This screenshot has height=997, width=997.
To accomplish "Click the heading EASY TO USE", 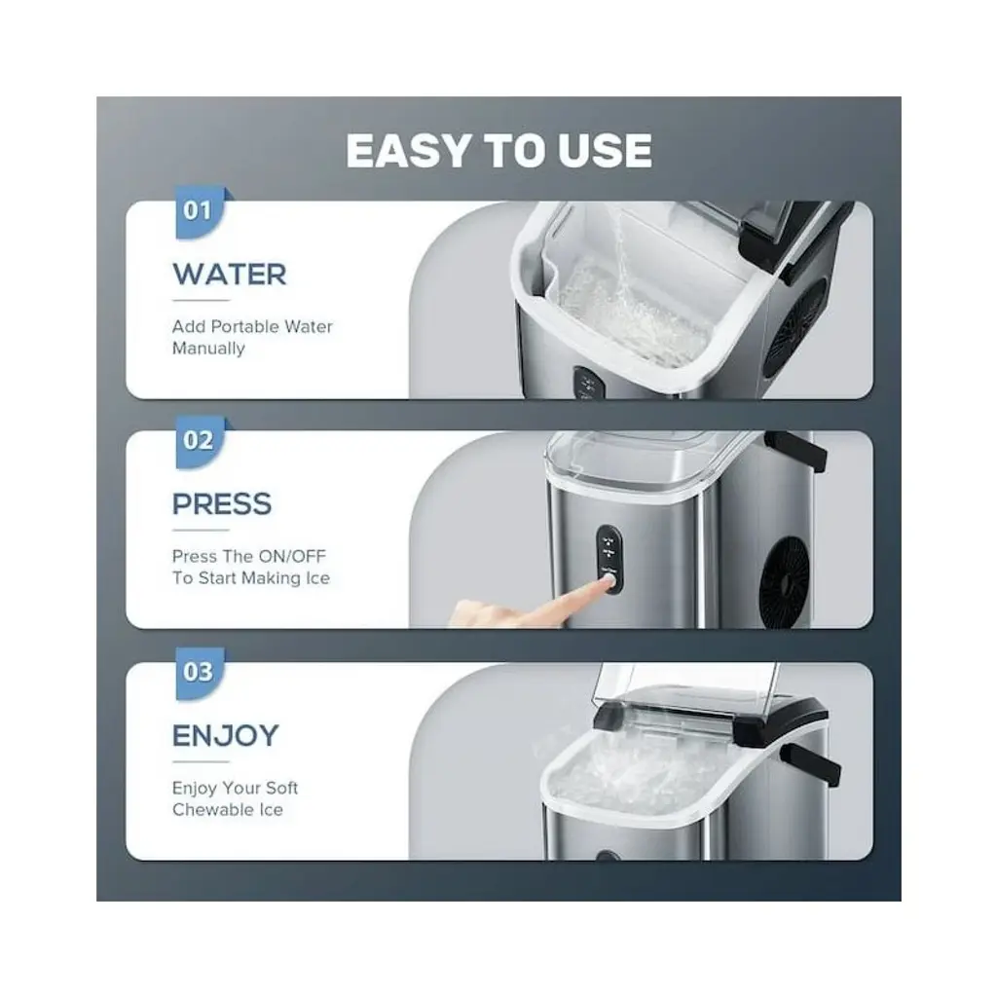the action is (498, 151).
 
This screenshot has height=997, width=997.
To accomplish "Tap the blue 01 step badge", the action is (199, 212).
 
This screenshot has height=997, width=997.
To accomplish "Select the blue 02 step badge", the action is (199, 442).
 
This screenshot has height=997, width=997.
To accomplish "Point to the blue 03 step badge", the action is (199, 673).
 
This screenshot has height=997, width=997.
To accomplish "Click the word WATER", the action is (230, 275).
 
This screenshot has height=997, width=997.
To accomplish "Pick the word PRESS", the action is (222, 504).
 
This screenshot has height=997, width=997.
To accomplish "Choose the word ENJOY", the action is (226, 736).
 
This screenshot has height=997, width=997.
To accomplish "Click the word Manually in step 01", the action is (208, 349).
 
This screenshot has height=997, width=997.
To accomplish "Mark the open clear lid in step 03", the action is (685, 686).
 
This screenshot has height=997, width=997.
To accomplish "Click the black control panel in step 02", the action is (609, 560).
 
